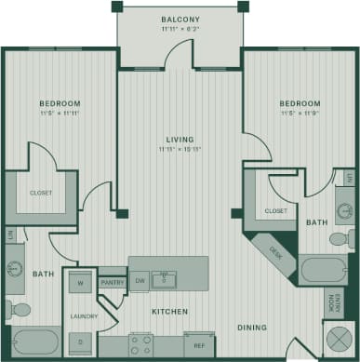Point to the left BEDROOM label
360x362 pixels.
pos(60,103)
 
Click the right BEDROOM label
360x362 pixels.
pos(299,103)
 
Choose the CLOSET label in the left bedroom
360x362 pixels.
pos(41,193)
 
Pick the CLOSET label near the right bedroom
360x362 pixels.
pos(275,211)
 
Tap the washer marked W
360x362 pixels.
pos(80,283)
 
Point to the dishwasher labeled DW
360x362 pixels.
pos(140,280)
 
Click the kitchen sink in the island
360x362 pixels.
pos(165,279)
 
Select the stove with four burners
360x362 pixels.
pos(140,345)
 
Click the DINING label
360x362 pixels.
pos(250,328)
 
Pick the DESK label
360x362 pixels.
pos(275,250)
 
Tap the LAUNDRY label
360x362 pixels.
pos(84,316)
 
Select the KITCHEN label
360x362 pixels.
pos(170,311)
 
